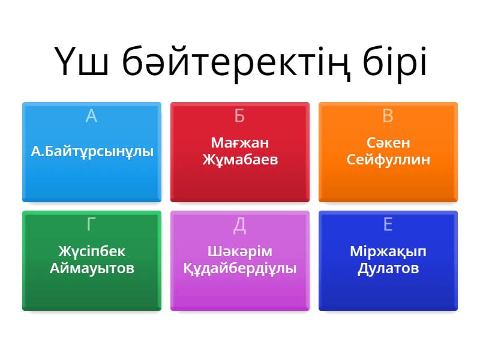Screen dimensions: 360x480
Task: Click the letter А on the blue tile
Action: click(91, 116)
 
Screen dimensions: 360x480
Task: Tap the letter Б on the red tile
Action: click(239, 116)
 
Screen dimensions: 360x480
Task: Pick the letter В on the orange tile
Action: click(388, 116)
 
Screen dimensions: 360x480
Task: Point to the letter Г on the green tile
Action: click(91, 224)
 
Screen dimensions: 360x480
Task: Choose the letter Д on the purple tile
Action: click(239, 225)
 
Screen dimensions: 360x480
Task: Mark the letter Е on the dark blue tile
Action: click(388, 224)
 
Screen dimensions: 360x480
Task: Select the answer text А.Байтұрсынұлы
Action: click(92, 151)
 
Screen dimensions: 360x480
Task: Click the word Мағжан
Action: click(239, 143)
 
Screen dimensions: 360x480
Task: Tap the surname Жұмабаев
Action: click(239, 160)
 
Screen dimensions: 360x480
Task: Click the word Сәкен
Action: click(388, 143)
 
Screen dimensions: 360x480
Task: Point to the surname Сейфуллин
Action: click(388, 160)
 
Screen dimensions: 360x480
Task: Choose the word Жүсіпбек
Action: click(92, 251)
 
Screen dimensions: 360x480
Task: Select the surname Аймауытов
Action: click(92, 268)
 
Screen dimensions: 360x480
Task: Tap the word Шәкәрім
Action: click(239, 251)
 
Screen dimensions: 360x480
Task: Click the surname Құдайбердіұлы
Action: click(239, 268)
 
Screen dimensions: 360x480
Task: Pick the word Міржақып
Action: click(388, 251)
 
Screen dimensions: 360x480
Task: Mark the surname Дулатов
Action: click(388, 268)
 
